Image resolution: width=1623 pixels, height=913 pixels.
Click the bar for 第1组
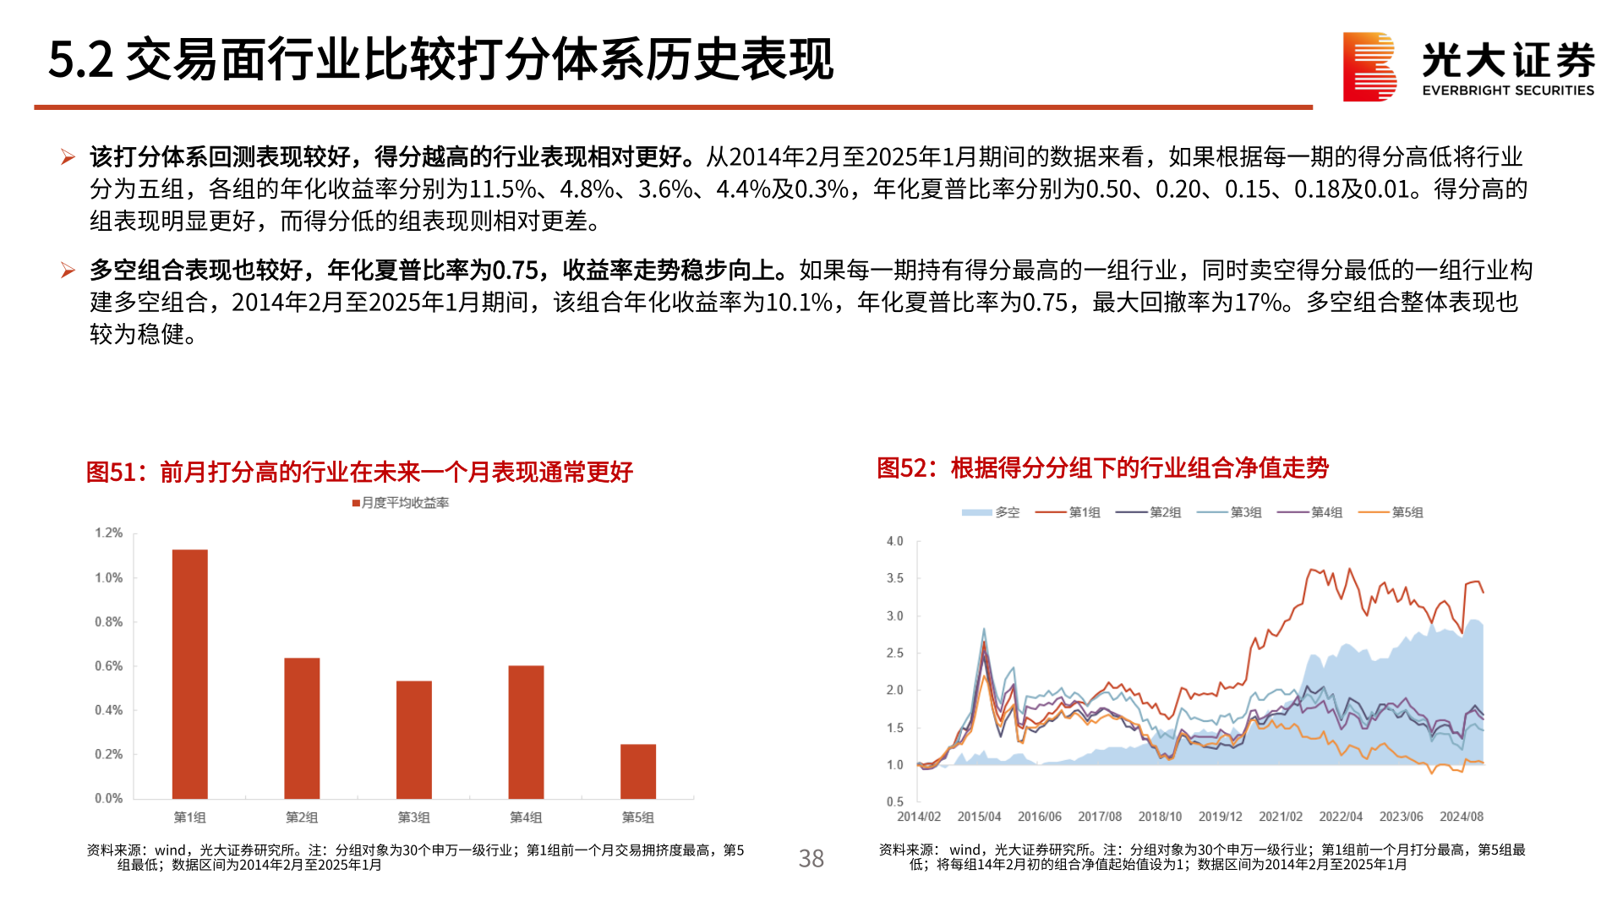pos(189,674)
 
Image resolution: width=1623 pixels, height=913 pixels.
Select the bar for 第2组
pos(302,728)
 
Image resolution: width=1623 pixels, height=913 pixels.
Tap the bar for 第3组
pos(413,740)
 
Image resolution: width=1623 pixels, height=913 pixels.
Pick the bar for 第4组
pos(526,732)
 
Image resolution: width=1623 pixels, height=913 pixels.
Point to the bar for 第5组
pos(637,771)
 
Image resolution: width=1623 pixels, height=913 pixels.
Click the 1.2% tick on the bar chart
pos(108,533)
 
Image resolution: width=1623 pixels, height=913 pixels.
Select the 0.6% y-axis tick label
pos(108,666)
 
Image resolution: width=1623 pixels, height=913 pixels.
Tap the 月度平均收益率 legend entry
pos(401,503)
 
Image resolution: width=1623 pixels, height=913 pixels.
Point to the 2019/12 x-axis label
pos(1220,817)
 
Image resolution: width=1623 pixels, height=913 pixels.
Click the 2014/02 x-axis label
pos(918,817)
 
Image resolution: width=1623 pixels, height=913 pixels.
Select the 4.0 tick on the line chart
pos(894,541)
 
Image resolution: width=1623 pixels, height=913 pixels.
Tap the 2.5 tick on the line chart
pos(894,653)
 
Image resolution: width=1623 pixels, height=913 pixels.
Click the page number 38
pos(811,859)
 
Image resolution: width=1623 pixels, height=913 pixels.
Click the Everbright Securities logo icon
pos(1369,67)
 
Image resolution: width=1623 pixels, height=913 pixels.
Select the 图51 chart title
pos(359,472)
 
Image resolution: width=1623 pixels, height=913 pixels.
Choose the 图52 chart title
pos(1102,467)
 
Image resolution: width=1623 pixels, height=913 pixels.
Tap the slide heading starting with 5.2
pos(440,60)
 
